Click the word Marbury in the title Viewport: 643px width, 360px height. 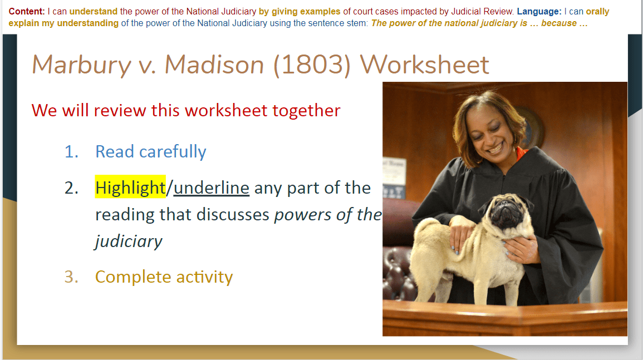[x=81, y=65]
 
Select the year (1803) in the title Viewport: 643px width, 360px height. [x=312, y=65]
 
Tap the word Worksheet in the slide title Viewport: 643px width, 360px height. [x=424, y=65]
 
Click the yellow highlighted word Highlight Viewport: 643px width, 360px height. [x=130, y=188]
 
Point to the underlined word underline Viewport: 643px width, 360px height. [x=211, y=188]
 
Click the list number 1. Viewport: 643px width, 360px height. [x=71, y=152]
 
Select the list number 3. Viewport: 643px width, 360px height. [x=71, y=277]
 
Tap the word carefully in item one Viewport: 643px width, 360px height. [x=173, y=152]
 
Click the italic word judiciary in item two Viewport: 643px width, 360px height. [x=129, y=241]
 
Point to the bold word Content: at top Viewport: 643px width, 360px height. [x=27, y=12]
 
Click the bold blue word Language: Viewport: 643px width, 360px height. [x=539, y=12]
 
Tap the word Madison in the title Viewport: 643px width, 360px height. [x=214, y=65]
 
